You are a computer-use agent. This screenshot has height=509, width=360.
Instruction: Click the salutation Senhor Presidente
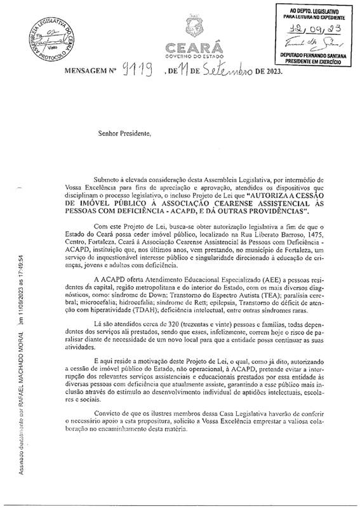pos(126,135)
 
